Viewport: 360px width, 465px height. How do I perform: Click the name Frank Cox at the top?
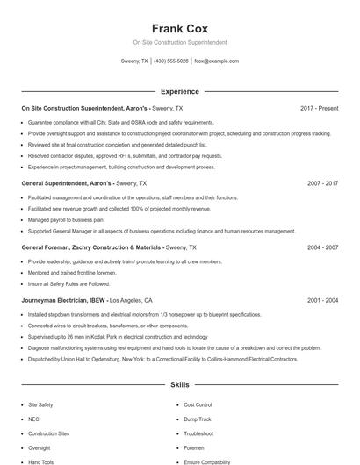tap(179, 28)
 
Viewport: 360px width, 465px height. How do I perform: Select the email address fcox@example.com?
tap(216, 61)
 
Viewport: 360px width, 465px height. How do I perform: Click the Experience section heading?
tap(179, 91)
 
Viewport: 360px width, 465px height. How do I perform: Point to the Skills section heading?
tap(179, 385)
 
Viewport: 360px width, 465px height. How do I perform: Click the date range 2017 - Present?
tap(319, 108)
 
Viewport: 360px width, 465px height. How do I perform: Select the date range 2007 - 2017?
tap(322, 184)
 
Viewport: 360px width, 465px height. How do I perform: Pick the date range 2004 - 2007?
tap(322, 247)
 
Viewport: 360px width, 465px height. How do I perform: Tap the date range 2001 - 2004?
tap(322, 299)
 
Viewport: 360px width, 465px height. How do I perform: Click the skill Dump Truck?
tap(198, 419)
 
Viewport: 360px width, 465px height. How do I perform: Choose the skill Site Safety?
tap(40, 405)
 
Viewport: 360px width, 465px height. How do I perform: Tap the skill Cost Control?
tap(198, 405)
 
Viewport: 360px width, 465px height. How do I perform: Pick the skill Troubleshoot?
tap(198, 433)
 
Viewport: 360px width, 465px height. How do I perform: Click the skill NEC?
tap(33, 419)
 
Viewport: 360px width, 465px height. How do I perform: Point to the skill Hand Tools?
tap(40, 461)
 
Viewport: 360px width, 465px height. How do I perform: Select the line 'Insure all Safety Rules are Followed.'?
tap(68, 283)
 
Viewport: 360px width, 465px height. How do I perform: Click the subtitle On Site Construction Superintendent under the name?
tap(179, 42)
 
